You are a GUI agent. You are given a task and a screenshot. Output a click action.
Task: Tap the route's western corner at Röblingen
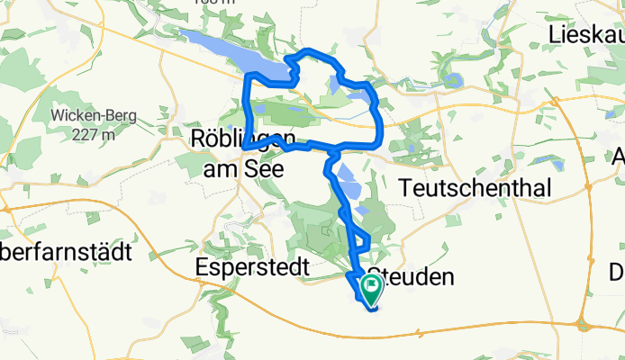244,148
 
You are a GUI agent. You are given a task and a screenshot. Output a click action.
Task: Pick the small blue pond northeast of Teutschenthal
546,159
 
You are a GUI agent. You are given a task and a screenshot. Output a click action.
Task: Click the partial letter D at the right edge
617,272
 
